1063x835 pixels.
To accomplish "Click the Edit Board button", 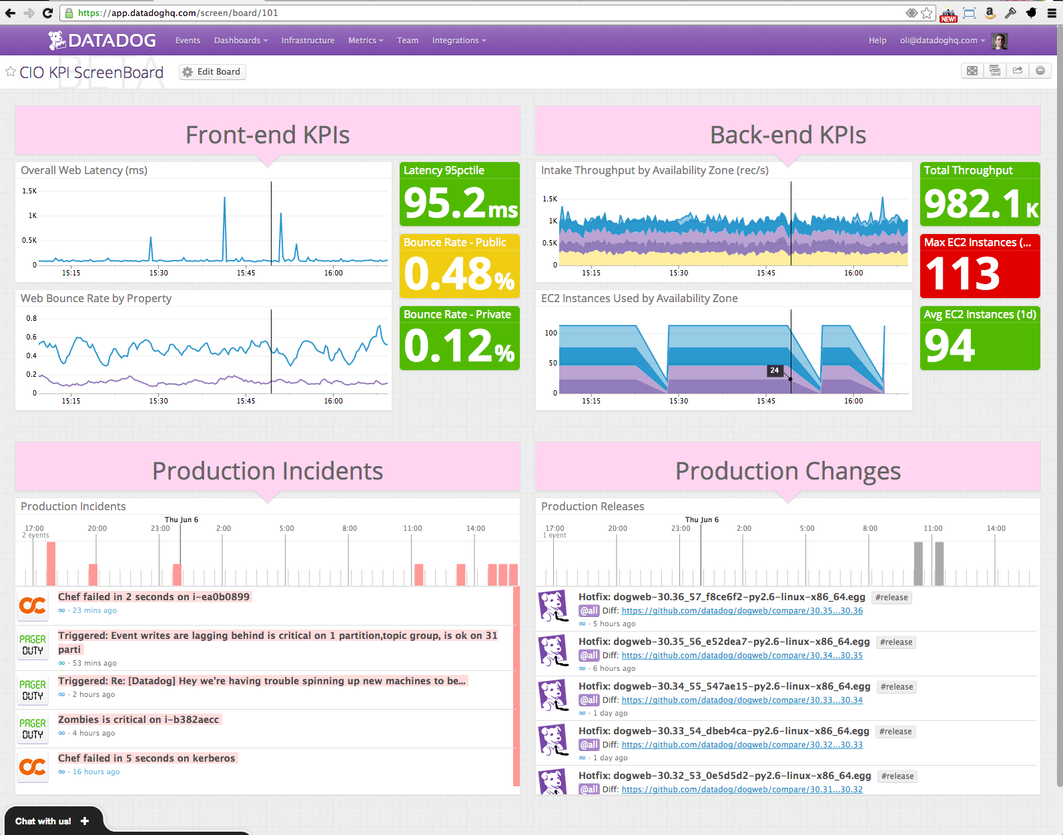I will tap(212, 72).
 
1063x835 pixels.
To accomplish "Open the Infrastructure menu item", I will tap(308, 41).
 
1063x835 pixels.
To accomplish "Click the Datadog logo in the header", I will tap(102, 41).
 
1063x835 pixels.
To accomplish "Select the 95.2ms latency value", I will tap(460, 203).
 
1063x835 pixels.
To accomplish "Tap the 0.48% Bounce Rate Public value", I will tap(459, 275).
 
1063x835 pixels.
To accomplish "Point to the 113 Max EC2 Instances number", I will tap(962, 274).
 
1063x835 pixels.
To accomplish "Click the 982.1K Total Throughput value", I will tap(980, 203).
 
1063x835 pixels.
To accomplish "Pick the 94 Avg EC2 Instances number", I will tap(950, 346).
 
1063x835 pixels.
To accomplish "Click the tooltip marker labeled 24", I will tap(774, 370).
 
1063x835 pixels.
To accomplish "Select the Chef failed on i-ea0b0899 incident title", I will tap(153, 597).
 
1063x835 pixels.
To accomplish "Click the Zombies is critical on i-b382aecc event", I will tap(138, 720).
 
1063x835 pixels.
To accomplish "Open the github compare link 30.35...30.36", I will tap(742, 611).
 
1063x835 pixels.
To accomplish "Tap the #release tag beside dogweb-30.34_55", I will tap(897, 687).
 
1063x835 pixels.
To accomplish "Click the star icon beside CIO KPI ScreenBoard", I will tap(11, 71).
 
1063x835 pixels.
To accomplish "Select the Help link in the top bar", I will tap(877, 41).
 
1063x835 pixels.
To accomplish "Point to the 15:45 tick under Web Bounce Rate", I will tap(246, 401).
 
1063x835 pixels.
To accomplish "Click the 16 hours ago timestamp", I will tap(96, 772).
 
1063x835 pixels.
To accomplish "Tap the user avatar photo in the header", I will tap(999, 41).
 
